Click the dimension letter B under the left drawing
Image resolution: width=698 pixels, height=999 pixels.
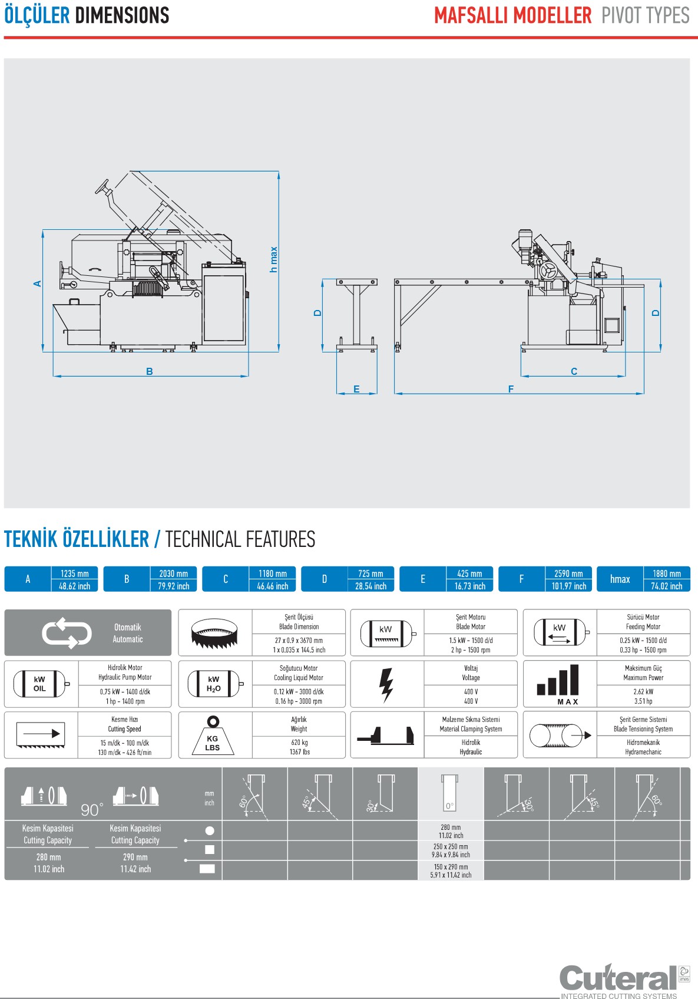[x=150, y=371]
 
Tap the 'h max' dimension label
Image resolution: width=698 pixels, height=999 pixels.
[x=273, y=259]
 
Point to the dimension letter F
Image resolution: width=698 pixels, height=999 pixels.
[x=511, y=389]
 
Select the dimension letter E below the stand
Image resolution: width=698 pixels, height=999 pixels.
[x=356, y=389]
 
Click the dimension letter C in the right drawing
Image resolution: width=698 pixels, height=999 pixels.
[x=574, y=371]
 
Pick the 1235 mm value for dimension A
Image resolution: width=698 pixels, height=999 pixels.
[x=75, y=573]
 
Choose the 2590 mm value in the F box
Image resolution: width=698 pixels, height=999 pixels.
[x=568, y=573]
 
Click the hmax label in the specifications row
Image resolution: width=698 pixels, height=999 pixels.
[x=620, y=579]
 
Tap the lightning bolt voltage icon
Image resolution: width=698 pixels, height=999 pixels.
[x=386, y=685]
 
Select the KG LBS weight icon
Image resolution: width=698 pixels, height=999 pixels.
[x=213, y=736]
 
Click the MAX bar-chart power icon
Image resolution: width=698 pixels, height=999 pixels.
[x=558, y=684]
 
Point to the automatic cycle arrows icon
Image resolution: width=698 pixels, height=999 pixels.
[x=67, y=634]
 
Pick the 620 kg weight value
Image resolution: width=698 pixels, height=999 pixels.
[x=299, y=743]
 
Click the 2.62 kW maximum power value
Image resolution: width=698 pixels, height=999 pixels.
[x=643, y=691]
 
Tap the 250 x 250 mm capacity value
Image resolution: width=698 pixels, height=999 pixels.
[x=451, y=846]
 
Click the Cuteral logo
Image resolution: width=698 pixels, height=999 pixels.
[x=618, y=978]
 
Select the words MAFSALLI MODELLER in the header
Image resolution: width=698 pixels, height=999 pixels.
[x=512, y=15]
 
